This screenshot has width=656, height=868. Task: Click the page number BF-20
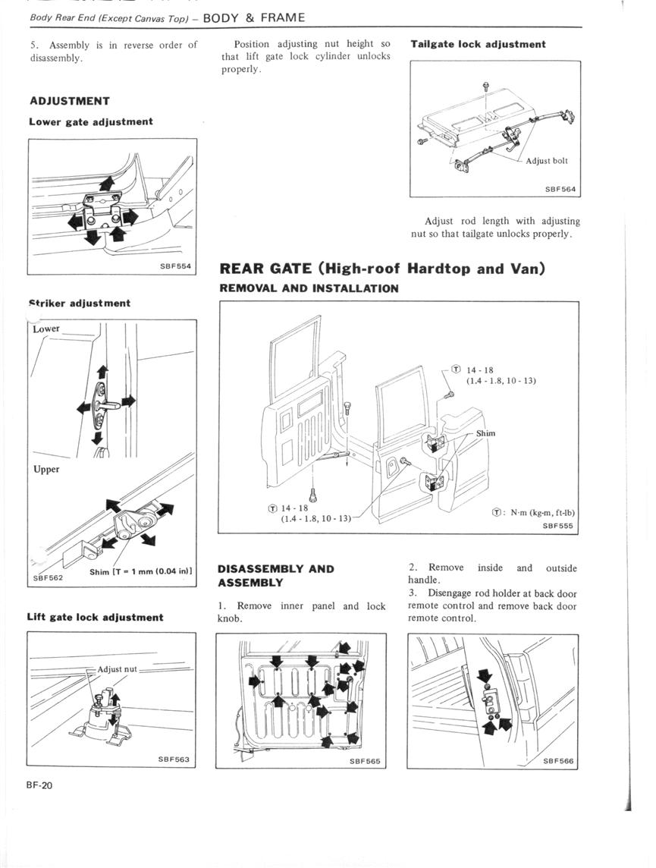(x=39, y=785)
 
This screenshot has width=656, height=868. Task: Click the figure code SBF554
(x=175, y=266)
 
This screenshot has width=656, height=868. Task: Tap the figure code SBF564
(x=560, y=189)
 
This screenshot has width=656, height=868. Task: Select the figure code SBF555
(x=559, y=525)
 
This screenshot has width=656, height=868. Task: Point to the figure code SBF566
(x=558, y=760)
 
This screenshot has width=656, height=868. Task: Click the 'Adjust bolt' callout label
(x=547, y=161)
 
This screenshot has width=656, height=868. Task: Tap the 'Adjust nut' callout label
(x=117, y=668)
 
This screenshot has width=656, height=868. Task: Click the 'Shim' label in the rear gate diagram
(x=485, y=433)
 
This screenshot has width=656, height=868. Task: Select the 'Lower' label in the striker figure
(x=46, y=329)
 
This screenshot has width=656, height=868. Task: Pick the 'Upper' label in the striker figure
(x=46, y=470)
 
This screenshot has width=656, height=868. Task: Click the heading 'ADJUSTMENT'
(x=70, y=101)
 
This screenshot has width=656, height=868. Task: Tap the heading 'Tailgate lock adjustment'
(x=478, y=44)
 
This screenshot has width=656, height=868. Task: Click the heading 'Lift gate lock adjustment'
(x=95, y=617)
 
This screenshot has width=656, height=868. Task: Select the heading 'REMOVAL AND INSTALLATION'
(x=309, y=288)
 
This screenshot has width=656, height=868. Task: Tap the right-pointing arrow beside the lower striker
(x=127, y=400)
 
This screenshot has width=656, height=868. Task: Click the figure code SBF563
(x=174, y=759)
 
